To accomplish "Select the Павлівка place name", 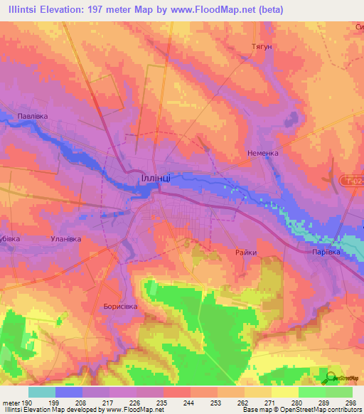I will point(33,114).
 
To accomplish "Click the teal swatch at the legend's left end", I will point(42,392).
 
